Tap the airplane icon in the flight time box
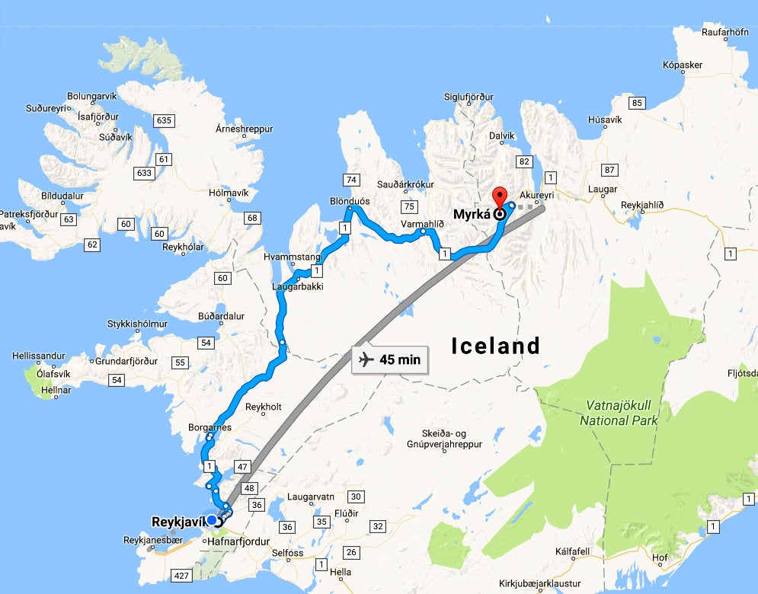click(x=366, y=359)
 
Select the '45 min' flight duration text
click(x=400, y=359)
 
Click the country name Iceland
click(x=495, y=346)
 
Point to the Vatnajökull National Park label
click(x=615, y=413)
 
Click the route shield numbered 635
click(x=163, y=120)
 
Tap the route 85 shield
click(x=637, y=103)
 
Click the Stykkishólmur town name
click(x=137, y=323)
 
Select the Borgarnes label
click(x=209, y=428)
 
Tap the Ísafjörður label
click(x=99, y=117)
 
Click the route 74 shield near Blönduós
click(x=351, y=180)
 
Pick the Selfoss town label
click(x=289, y=553)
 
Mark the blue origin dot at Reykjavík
click(x=211, y=520)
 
